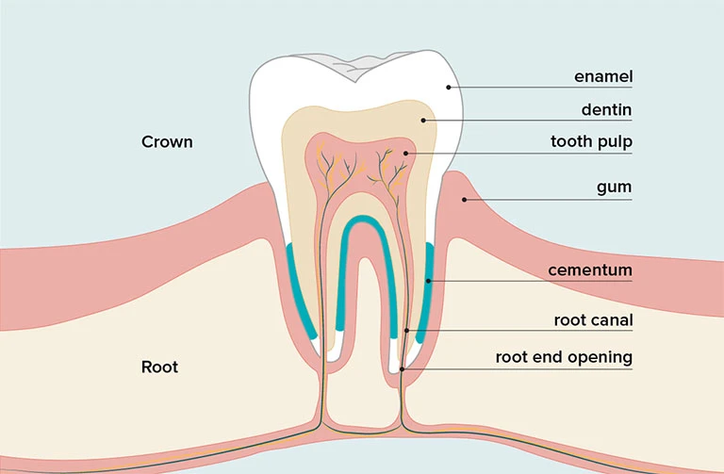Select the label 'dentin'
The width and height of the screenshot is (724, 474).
(606, 110)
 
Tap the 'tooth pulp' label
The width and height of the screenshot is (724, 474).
(591, 142)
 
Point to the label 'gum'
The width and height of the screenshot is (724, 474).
(614, 188)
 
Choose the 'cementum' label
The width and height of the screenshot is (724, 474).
(590, 271)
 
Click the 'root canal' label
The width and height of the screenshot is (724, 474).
(593, 320)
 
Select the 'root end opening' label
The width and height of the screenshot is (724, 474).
(564, 358)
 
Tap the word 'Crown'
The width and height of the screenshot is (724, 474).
(167, 142)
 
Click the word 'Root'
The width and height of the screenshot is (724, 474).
(159, 367)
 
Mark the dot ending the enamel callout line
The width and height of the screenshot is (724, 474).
(450, 88)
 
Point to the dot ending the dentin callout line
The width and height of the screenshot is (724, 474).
(423, 120)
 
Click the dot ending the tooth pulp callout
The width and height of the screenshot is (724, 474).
(405, 153)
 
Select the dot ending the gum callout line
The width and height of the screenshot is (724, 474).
(464, 199)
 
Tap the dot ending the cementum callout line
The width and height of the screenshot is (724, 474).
(428, 281)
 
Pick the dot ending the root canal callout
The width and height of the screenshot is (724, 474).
(406, 331)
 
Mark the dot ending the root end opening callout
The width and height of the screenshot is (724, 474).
(403, 369)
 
